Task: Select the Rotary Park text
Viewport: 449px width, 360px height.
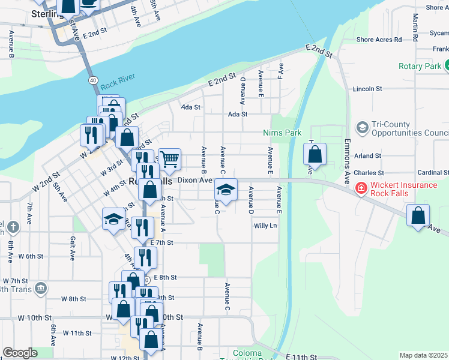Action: pyautogui.click(x=419, y=66)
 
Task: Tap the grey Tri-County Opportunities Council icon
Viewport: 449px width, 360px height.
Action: pyautogui.click(x=362, y=128)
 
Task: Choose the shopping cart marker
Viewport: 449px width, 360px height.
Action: pyautogui.click(x=170, y=160)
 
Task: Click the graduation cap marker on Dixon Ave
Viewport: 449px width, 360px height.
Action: pyautogui.click(x=225, y=191)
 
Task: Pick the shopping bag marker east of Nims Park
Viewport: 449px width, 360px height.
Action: pyautogui.click(x=315, y=155)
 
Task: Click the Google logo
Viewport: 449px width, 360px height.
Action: pyautogui.click(x=20, y=352)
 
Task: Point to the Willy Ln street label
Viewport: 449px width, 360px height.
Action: pyautogui.click(x=265, y=226)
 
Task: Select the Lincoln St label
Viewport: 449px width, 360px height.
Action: pyautogui.click(x=367, y=89)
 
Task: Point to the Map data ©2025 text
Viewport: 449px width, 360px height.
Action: pyautogui.click(x=423, y=355)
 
